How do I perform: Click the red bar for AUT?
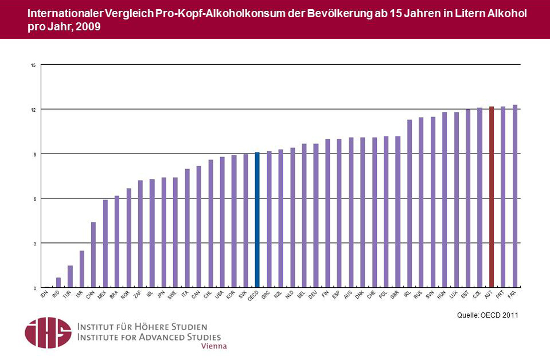coord(492,197)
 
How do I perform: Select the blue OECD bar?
coord(257,220)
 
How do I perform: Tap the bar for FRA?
coord(515,196)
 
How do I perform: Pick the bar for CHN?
coord(93,255)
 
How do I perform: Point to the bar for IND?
coord(58,283)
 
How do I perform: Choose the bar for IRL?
coord(409,204)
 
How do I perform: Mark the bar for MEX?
coord(105,244)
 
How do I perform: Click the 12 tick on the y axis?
coord(34,109)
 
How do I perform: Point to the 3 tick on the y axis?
coord(35,244)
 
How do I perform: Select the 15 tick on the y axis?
coord(34,65)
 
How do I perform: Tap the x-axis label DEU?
coord(313,295)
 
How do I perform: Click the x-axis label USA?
coord(219,295)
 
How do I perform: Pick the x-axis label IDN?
coord(44,295)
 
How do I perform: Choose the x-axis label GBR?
coord(395,295)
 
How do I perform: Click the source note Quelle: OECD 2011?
coord(487,315)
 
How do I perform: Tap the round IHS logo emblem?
coord(48,332)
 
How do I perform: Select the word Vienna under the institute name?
coord(213,346)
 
